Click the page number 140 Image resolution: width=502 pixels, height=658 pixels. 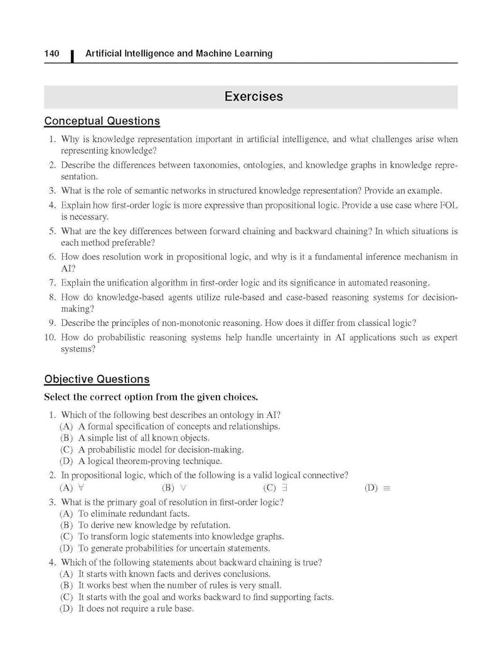click(x=51, y=54)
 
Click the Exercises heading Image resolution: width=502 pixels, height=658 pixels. click(x=254, y=97)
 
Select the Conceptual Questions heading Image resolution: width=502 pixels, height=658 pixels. click(x=102, y=121)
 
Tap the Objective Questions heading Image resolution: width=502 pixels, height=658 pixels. click(x=97, y=379)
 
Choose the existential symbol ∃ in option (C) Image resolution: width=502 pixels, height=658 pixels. click(x=286, y=487)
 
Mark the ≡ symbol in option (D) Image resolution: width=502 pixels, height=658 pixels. click(x=387, y=488)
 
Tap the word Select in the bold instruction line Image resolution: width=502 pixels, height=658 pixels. click(x=58, y=397)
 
